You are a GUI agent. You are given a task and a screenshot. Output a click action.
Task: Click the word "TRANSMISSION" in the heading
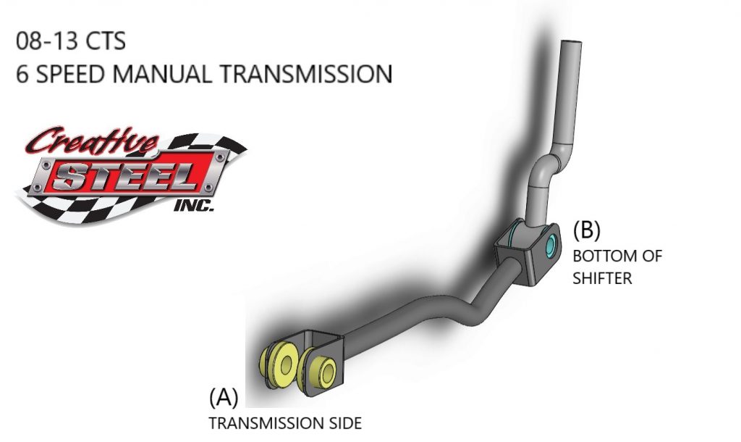click(312, 74)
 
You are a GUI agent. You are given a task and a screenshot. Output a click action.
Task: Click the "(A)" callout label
click(223, 397)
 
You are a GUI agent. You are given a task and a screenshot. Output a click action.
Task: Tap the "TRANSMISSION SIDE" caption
click(285, 422)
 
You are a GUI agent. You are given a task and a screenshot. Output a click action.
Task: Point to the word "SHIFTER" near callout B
click(603, 278)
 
